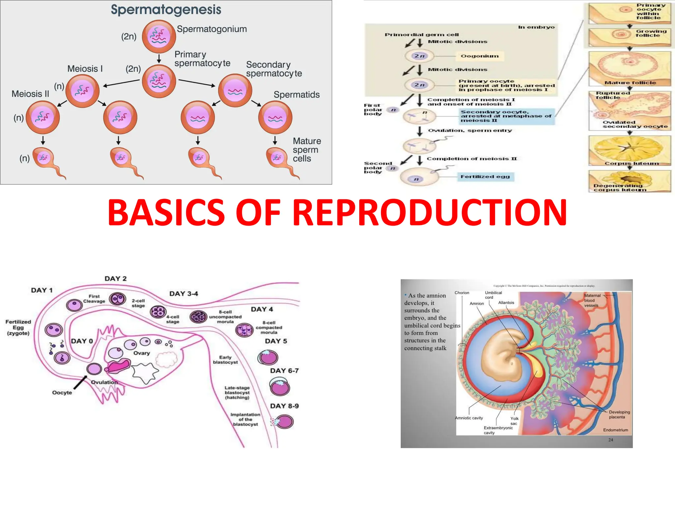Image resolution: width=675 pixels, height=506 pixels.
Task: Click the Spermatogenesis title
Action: tap(166, 10)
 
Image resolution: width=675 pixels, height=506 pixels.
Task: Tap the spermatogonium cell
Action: tap(159, 36)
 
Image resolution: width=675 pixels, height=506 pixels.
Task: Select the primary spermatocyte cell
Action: tap(159, 81)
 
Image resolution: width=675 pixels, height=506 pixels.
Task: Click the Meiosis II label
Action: tap(30, 94)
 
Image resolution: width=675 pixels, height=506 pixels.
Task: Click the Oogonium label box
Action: tap(480, 56)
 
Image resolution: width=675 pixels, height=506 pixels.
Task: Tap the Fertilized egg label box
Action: tap(485, 177)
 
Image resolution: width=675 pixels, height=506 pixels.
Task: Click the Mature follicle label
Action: tap(630, 83)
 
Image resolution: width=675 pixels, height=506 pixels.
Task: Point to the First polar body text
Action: tap(373, 109)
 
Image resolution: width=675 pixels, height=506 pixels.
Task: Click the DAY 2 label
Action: tap(115, 279)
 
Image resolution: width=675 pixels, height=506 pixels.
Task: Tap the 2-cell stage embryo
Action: tap(118, 299)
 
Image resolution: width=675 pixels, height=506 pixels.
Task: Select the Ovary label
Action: tap(141, 353)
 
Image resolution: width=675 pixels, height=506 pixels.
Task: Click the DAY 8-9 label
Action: tap(284, 406)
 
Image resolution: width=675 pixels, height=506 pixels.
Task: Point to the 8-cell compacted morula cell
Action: tap(245, 330)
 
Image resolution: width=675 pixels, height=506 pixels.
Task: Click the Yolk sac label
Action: tap(514, 421)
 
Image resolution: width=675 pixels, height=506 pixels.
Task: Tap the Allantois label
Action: tap(506, 303)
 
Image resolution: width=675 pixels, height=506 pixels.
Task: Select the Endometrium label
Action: tap(615, 430)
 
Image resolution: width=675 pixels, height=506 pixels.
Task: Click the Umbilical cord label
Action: tap(493, 295)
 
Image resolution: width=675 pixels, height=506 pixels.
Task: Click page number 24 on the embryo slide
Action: tap(610, 440)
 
